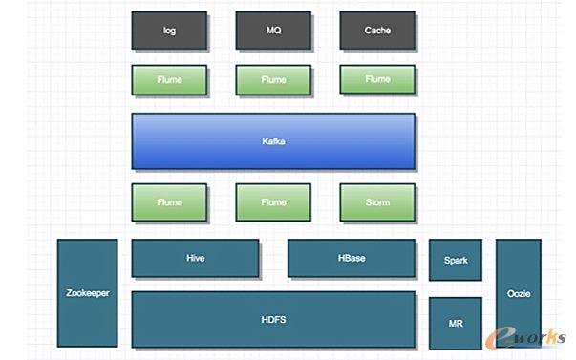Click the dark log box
tap(169, 31)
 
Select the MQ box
tap(273, 31)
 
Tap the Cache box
tap(377, 31)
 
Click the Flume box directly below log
tap(169, 80)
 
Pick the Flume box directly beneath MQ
tap(273, 80)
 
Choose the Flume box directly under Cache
tap(377, 80)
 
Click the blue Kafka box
tap(273, 141)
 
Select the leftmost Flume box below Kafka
tap(169, 202)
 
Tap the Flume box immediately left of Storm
tap(273, 202)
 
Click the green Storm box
tap(377, 202)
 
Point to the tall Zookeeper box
tap(87, 293)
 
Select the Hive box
tap(195, 259)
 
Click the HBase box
tap(352, 259)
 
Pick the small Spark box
tap(456, 261)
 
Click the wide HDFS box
tap(273, 320)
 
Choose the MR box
tap(456, 324)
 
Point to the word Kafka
tap(273, 142)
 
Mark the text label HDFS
tap(273, 320)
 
